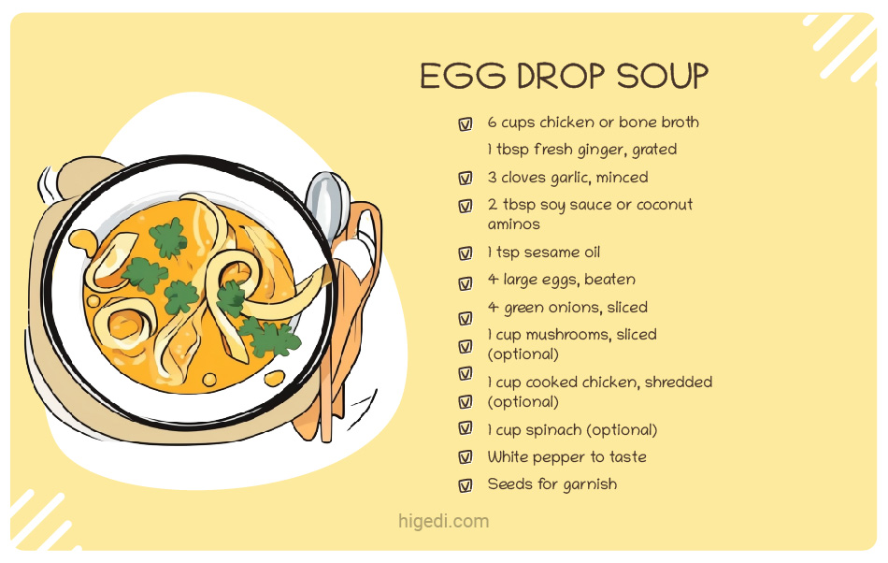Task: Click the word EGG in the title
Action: [453, 77]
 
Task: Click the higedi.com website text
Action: [443, 522]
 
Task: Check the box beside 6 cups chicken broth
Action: [465, 123]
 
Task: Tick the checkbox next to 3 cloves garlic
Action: [465, 178]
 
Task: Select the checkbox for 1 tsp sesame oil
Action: [465, 253]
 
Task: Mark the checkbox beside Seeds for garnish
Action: [465, 485]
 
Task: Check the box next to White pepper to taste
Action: [465, 457]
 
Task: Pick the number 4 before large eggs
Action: [493, 280]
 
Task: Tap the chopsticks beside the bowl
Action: [327, 374]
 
